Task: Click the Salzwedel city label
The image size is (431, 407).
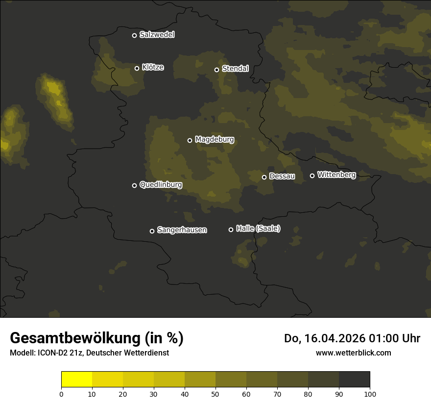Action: click(x=157, y=35)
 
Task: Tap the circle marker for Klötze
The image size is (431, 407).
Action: click(x=137, y=68)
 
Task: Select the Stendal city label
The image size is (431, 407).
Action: click(x=235, y=69)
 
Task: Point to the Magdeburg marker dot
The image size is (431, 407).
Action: click(x=190, y=140)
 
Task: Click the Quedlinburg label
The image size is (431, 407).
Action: click(x=161, y=185)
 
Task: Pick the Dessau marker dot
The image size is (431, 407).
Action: click(x=264, y=177)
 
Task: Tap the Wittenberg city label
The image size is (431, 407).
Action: click(x=336, y=175)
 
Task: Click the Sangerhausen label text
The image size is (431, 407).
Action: click(x=182, y=230)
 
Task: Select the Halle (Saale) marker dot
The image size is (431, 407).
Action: click(x=231, y=229)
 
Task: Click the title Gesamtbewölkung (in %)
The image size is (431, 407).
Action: click(x=96, y=338)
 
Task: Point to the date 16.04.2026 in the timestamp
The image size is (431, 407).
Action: click(x=334, y=338)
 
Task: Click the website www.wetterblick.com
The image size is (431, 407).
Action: click(x=353, y=353)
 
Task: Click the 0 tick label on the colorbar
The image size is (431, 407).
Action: click(x=61, y=394)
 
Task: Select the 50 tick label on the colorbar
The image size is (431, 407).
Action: click(x=215, y=394)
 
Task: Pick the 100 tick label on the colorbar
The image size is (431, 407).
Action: click(x=370, y=394)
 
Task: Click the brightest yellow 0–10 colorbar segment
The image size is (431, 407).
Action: click(x=77, y=380)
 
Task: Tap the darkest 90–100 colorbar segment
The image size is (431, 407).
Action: click(x=354, y=380)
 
